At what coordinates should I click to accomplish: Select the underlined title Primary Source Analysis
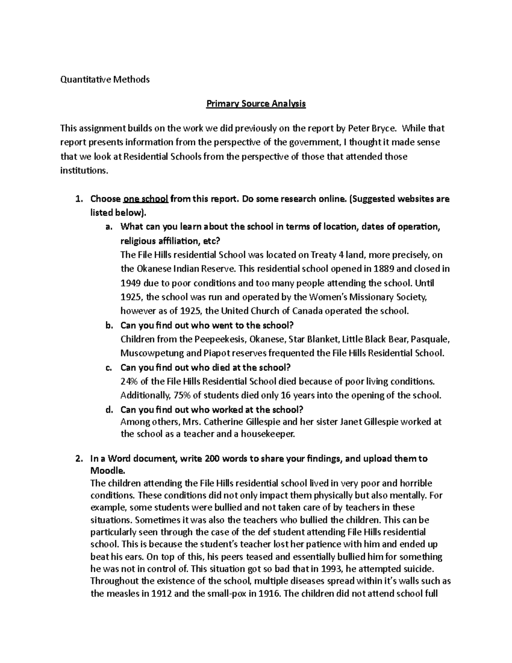[256, 104]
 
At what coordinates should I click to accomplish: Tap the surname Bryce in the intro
[385, 128]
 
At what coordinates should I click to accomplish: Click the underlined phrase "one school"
[146, 199]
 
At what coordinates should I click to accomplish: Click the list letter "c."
[108, 368]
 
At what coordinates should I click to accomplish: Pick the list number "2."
[78, 459]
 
